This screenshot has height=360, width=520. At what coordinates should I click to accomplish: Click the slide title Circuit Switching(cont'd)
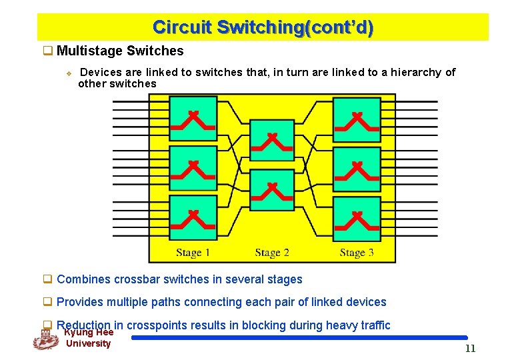coord(263,27)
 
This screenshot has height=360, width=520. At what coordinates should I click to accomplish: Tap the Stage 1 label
coord(193,253)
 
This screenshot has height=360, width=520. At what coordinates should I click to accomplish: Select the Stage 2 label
coord(272,253)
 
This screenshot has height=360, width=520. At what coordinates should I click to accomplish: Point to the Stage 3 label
coord(357,253)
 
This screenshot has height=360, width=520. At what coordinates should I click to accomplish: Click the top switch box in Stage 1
coord(193,119)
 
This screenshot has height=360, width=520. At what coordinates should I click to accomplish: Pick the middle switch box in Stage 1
coord(193,169)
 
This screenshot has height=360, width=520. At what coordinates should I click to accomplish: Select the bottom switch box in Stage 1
coord(193,218)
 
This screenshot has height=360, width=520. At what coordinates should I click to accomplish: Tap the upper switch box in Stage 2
coord(271,141)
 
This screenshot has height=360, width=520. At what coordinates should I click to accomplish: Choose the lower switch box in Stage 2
coord(271,190)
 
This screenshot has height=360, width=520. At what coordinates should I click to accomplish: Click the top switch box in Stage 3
coord(357,119)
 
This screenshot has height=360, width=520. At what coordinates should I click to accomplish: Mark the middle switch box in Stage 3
coord(357,169)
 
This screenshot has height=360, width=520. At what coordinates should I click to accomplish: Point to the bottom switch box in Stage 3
coord(357,218)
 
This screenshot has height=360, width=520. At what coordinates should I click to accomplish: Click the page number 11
coord(471,349)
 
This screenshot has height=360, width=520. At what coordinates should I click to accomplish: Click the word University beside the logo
coord(88,343)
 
